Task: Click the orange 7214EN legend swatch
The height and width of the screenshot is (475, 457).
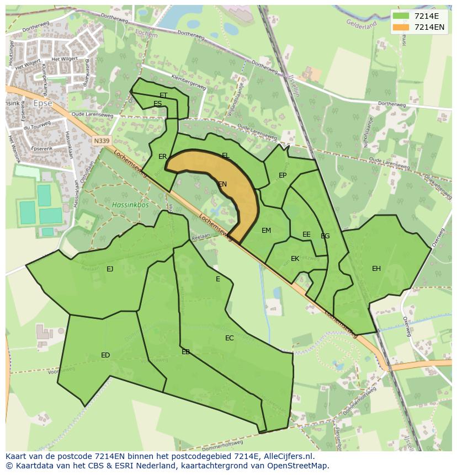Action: [x=401, y=27]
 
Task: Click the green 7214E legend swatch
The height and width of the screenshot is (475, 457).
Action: [x=401, y=17]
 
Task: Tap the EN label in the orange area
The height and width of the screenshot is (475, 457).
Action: [x=222, y=184]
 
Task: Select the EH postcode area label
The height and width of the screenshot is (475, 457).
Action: [x=376, y=269]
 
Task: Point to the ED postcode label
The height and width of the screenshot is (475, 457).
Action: [x=105, y=355]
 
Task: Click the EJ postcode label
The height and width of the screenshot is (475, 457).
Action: [x=110, y=269]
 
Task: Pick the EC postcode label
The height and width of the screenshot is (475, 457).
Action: [x=230, y=338]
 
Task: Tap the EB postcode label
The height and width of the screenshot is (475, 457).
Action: [x=186, y=352]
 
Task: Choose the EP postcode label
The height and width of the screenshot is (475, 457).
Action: [x=283, y=175]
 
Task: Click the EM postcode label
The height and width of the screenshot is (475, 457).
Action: [x=267, y=231]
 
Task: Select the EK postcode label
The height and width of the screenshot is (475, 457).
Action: [x=295, y=259]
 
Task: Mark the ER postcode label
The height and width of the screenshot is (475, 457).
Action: [x=163, y=157]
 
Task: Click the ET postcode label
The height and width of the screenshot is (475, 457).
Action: [x=163, y=95]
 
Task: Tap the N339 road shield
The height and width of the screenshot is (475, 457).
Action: [x=101, y=141]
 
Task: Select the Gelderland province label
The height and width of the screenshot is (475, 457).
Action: [x=362, y=24]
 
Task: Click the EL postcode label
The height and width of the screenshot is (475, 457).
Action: [x=226, y=156]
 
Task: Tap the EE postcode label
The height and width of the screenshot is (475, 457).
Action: [x=306, y=234]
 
